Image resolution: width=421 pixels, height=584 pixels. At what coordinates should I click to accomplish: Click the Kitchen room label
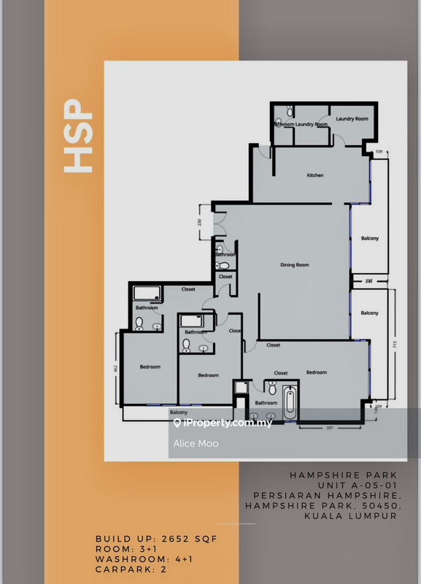[314, 175]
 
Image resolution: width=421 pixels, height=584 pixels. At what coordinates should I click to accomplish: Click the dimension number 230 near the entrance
[198, 222]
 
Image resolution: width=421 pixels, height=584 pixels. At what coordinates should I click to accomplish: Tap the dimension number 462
[115, 369]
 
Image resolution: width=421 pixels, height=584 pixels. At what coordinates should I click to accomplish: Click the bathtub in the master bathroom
[289, 403]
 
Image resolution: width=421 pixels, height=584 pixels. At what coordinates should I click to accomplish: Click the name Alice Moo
[196, 443]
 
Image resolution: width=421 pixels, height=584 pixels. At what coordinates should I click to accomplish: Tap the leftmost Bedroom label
[150, 366]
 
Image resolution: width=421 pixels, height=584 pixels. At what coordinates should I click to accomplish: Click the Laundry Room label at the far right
[352, 118]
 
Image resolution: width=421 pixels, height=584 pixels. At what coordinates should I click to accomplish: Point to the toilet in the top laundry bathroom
[290, 112]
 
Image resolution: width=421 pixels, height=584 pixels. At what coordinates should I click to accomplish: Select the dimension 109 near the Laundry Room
[379, 152]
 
